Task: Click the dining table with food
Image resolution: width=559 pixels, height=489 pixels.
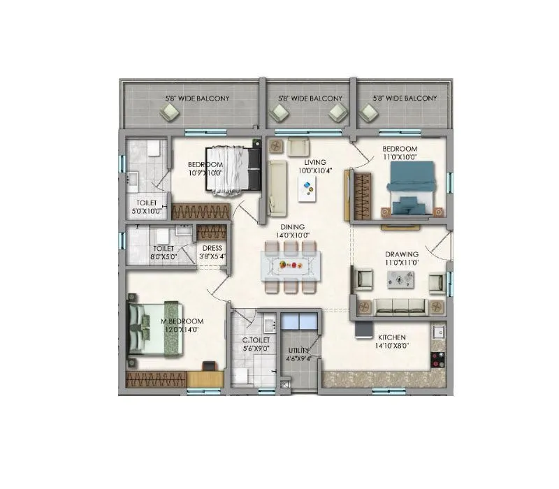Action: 288,265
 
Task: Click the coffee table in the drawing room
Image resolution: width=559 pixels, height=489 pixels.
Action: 400,280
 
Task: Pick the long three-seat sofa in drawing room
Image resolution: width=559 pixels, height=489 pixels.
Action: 400,305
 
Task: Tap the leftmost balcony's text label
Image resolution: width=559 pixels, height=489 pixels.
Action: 187,99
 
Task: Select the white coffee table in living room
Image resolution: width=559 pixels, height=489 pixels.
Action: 305,188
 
